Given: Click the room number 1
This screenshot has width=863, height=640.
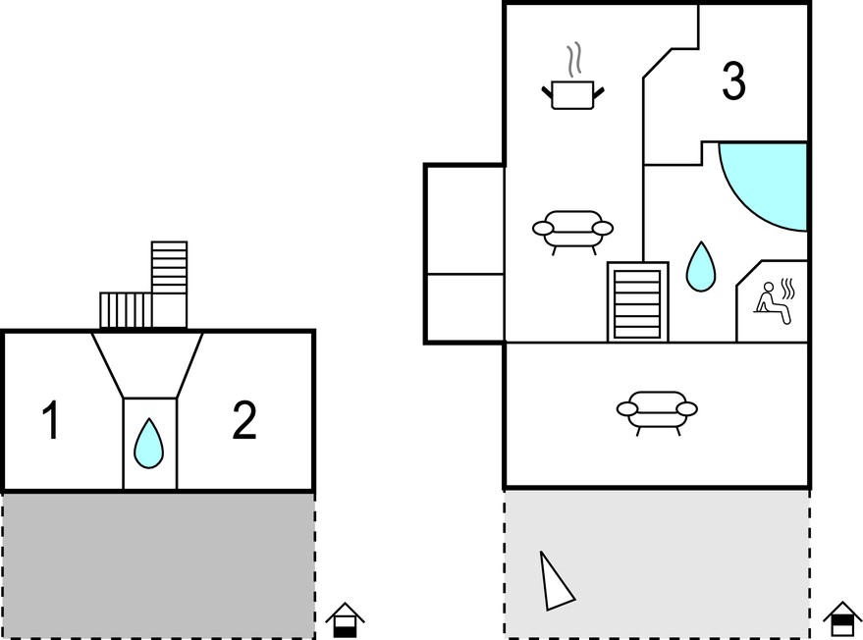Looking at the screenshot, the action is point(51,420).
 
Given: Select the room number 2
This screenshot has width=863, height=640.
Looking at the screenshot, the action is point(244,420).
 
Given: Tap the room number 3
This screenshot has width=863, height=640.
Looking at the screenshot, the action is point(733,80).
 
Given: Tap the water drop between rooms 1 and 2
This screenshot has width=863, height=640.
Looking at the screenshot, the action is point(149,444).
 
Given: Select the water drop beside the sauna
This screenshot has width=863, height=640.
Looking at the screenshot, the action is point(701,266).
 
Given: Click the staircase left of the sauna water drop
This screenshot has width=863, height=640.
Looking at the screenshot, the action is point(638,301).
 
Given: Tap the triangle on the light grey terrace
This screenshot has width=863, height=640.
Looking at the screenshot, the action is point(555,583).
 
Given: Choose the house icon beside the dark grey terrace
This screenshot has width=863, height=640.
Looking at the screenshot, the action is point(345,620).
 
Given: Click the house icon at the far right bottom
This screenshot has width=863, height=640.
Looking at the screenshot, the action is point(842,619).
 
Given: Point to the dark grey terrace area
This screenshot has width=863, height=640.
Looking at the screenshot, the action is point(158,565).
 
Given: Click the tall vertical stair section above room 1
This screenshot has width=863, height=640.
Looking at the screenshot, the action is point(170,284).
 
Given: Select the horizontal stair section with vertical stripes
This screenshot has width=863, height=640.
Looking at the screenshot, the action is point(126,310).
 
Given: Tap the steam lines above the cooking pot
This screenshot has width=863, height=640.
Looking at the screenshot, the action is point(574,59).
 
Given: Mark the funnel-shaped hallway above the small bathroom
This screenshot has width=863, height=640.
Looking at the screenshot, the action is point(147,365).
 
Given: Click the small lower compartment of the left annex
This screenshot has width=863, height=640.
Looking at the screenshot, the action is point(465,308).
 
